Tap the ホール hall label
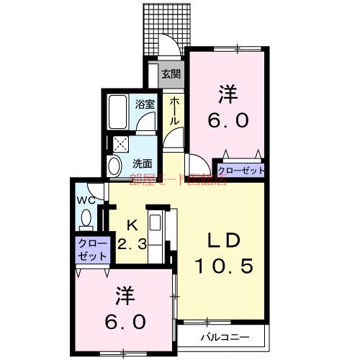coord(174,112)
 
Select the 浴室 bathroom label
coord(145,104)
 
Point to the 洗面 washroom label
coord(142,163)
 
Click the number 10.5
coord(224,267)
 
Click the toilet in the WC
coord(86,218)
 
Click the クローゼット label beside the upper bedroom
coord(240,171)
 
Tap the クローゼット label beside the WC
coord(92,248)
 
